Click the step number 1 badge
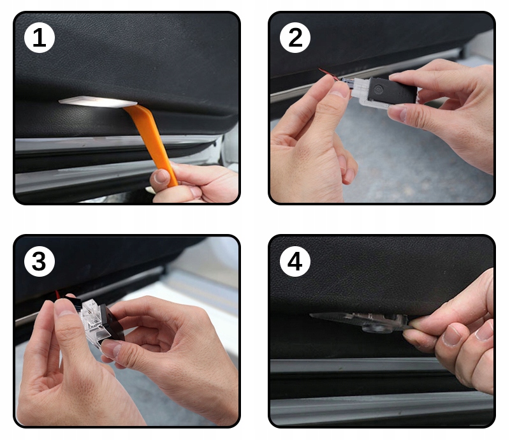click(x=40, y=38)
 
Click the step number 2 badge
click(x=295, y=38)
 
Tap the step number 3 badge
click(x=40, y=261)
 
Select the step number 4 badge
click(x=295, y=261)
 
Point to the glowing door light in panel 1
click(x=98, y=101)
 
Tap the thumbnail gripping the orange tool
click(x=162, y=177)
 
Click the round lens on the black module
click(x=379, y=89)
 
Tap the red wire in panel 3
click(x=57, y=294)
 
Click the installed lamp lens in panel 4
click(x=377, y=328)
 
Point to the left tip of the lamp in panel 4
click(x=310, y=315)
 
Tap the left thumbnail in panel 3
click(x=64, y=307)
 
